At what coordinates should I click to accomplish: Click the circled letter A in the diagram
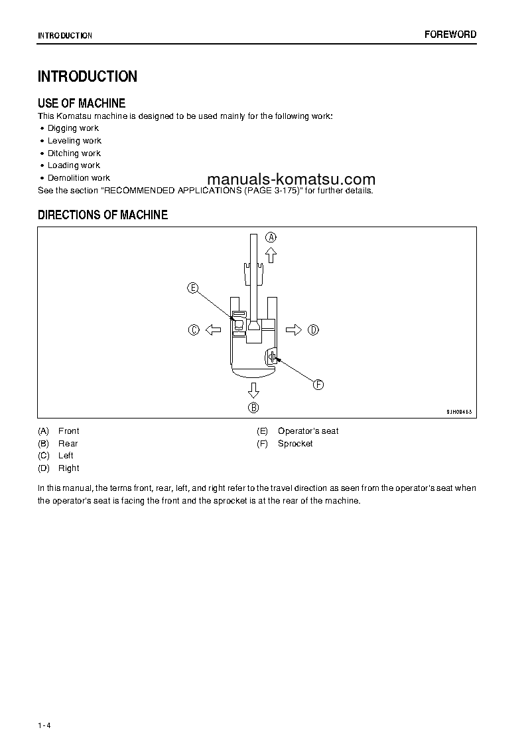tap(271, 236)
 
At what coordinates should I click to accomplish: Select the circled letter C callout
tap(194, 329)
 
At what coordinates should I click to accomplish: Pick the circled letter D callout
tap(314, 329)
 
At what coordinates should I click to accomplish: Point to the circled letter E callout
tap(192, 288)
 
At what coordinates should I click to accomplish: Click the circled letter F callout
tap(318, 385)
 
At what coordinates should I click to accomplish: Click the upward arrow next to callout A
tap(271, 254)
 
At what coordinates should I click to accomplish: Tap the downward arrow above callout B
tap(253, 390)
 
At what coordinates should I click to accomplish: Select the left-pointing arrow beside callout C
tap(213, 329)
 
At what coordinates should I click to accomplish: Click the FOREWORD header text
tap(450, 35)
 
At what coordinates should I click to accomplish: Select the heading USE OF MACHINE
tap(82, 103)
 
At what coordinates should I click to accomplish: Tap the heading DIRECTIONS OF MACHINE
tap(103, 215)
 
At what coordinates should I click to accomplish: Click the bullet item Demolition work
tap(79, 178)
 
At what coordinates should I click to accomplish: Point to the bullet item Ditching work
tap(74, 153)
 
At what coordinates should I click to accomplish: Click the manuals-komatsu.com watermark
tap(291, 179)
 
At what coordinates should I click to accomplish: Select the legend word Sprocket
tap(295, 443)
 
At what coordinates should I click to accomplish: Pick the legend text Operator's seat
tap(308, 430)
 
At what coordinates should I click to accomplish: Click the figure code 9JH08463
tap(460, 412)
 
